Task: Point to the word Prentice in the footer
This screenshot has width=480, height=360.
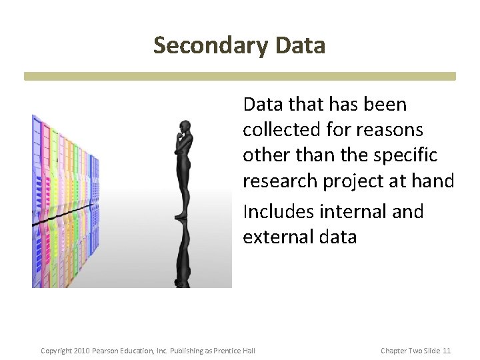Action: (231, 351)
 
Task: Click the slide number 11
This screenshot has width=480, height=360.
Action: (447, 351)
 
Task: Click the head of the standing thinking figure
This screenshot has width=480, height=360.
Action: (184, 127)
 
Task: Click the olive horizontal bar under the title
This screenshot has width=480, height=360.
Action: (240, 76)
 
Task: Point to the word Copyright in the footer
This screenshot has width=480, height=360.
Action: (56, 351)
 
